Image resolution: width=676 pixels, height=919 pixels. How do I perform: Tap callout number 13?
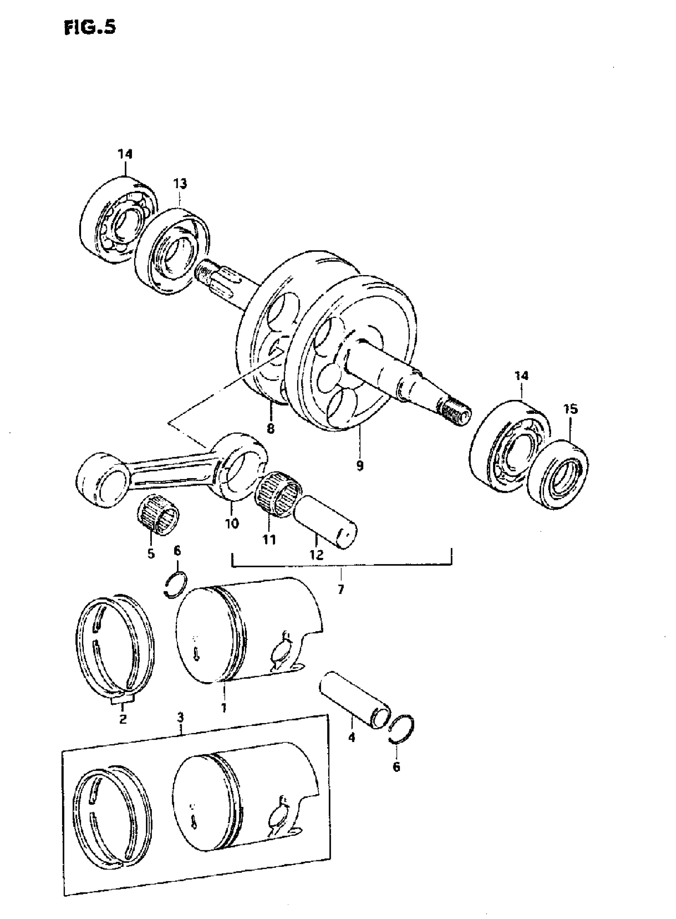click(180, 184)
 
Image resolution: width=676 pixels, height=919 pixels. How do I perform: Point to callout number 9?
click(360, 465)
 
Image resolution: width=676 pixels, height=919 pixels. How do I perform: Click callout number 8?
click(270, 428)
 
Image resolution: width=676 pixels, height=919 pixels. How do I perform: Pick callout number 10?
click(231, 523)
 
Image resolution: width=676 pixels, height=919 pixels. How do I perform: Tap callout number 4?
click(352, 737)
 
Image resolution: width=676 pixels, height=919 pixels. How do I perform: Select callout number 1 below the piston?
click(224, 708)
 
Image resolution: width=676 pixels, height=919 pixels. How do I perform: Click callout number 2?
click(123, 719)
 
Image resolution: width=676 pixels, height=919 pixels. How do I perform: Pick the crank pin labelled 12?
click(327, 520)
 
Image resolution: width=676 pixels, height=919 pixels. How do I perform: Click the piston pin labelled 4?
click(354, 699)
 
